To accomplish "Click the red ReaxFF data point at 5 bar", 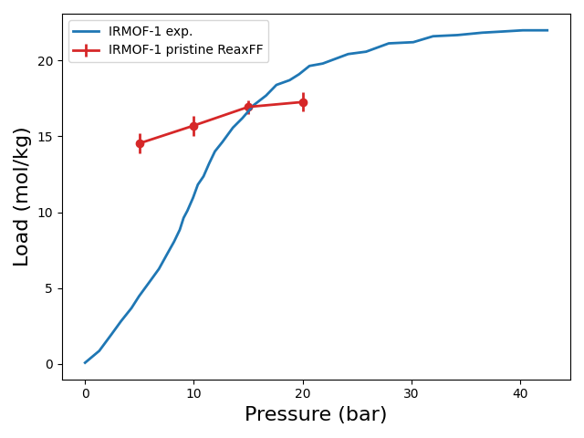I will click(140, 143).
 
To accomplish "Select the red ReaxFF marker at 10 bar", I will click(193, 126).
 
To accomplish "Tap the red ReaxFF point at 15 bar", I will click(248, 107).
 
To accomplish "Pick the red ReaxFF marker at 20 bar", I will click(303, 102).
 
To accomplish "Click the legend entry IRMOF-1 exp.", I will click(151, 32).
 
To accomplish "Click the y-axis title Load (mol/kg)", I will click(22, 196).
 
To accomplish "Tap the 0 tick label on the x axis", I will click(85, 393).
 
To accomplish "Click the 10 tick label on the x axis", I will click(193, 393).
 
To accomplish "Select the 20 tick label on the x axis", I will click(303, 393).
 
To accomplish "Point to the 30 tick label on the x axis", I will click(412, 393).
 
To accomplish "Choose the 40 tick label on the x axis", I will click(520, 393).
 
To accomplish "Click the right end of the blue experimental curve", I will click(547, 30).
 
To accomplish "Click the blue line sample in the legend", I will click(87, 32).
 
